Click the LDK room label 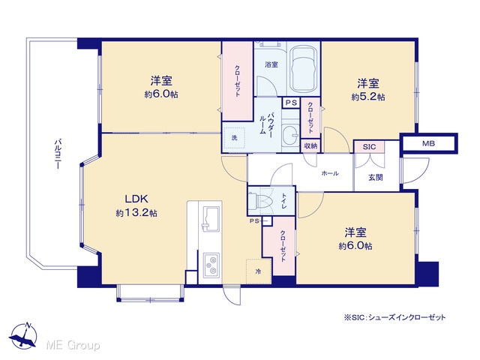click(136, 199)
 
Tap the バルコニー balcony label click(57, 154)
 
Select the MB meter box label click(428, 143)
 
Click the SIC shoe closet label click(369, 147)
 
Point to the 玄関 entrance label click(376, 177)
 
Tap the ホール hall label click(330, 173)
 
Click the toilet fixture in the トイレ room click(260, 201)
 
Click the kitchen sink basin click(211, 219)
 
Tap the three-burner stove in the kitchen click(211, 264)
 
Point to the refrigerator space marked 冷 click(259, 271)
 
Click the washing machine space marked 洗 click(234, 138)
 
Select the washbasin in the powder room click(290, 134)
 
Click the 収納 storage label click(310, 146)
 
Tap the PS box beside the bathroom click(291, 103)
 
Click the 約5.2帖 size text click(368, 97)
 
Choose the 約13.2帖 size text click(136, 213)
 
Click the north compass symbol click(23, 336)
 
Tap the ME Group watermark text click(73, 346)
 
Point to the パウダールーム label click(266, 123)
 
